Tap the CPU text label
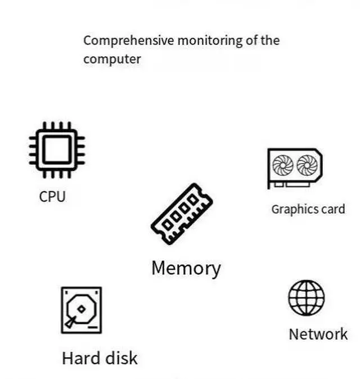[x=52, y=197]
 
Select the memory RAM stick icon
[x=181, y=214]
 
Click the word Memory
[x=186, y=268]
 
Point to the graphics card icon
[x=295, y=168]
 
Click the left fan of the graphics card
[x=282, y=165]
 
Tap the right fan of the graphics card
[x=307, y=165]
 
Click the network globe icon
[x=307, y=297]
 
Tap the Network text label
[x=318, y=334]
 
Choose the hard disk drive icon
[x=81, y=310]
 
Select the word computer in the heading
[x=112, y=59]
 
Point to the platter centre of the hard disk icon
[x=82, y=309]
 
